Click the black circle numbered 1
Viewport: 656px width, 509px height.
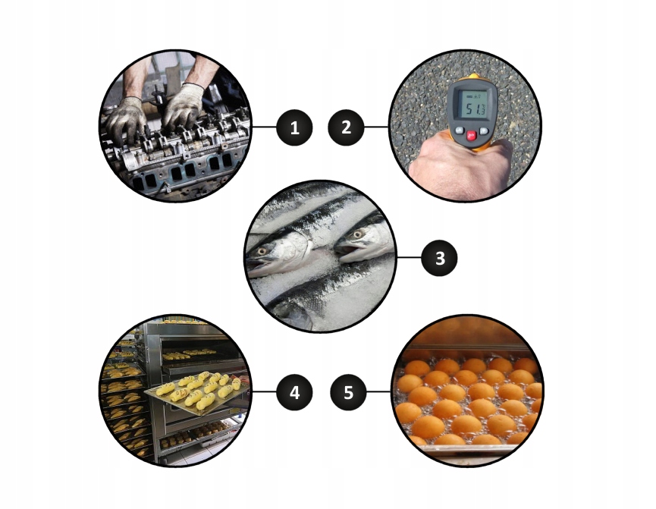tap(294, 127)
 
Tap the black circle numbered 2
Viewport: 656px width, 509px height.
tap(347, 127)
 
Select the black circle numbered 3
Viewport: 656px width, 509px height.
tap(439, 258)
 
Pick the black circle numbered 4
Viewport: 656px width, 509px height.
tap(294, 393)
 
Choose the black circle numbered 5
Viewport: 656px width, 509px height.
tap(349, 393)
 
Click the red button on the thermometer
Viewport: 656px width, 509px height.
tap(472, 135)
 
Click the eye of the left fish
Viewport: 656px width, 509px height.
tap(262, 251)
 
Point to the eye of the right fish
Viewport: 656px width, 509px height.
tap(358, 234)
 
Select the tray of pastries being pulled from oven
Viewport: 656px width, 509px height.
tap(196, 392)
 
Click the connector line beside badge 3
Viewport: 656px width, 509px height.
tap(409, 258)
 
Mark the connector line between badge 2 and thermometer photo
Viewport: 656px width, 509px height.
tap(376, 127)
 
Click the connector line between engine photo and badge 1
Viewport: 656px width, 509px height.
tap(264, 127)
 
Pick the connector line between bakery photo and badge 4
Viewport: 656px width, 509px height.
tap(264, 392)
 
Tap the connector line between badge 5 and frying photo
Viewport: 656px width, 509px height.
tap(378, 392)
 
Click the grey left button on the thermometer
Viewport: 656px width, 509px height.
tap(460, 130)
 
